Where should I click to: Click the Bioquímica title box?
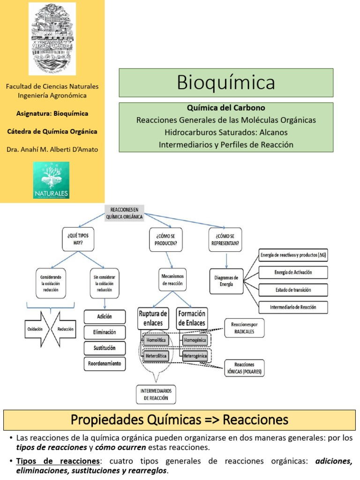click(x=226, y=83)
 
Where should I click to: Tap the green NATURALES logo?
click(x=51, y=180)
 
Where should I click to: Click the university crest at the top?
click(x=52, y=38)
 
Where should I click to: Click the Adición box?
click(x=105, y=316)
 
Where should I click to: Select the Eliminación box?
click(x=105, y=332)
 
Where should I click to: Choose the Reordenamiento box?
click(x=105, y=363)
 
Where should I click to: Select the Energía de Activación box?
click(x=293, y=272)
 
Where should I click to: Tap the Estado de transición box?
click(x=293, y=290)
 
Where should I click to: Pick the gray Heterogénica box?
click(x=194, y=356)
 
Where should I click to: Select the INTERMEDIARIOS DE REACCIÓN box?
click(x=157, y=394)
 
